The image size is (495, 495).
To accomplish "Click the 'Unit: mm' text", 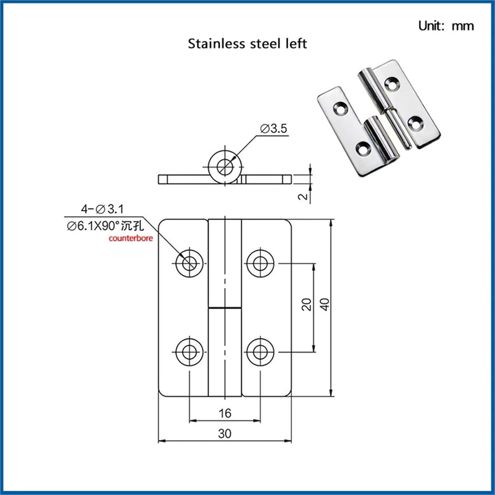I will [x=445, y=26].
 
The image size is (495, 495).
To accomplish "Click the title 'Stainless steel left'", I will [x=247, y=44].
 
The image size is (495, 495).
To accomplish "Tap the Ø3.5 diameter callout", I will [x=274, y=128].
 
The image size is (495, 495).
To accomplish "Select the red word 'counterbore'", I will [x=131, y=238].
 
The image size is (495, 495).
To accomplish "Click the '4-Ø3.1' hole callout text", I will [x=102, y=209].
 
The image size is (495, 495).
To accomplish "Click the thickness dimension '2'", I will [x=303, y=196].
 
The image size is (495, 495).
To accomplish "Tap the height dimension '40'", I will [x=325, y=304].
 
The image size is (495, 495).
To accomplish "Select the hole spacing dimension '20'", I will [x=307, y=304].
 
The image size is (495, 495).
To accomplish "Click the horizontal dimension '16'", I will [x=225, y=413].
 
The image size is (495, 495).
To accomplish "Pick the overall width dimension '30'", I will [x=224, y=434].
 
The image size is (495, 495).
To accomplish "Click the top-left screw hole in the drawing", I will [x=189, y=263].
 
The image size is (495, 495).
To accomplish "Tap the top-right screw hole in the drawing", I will [x=260, y=263].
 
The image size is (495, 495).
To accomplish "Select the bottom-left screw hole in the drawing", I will [x=189, y=352].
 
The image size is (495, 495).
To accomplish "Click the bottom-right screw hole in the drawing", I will [x=260, y=352].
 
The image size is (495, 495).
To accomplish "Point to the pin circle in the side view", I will [x=225, y=167].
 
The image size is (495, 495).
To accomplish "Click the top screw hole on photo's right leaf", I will [x=392, y=84].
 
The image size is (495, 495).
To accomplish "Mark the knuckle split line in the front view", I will [x=225, y=308].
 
